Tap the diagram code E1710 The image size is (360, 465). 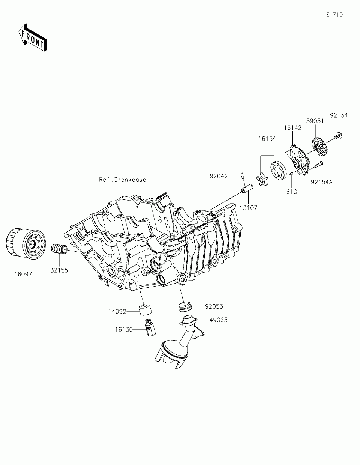tap(334, 15)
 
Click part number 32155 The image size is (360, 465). tap(60, 270)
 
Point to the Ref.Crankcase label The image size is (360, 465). tap(122, 180)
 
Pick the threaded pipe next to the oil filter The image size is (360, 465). tap(59, 249)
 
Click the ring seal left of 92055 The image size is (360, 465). tap(185, 306)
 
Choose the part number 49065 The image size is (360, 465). tap(219, 320)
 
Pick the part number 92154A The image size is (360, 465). tap(322, 183)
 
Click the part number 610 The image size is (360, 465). tap(291, 192)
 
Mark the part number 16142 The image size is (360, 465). tap(292, 128)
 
